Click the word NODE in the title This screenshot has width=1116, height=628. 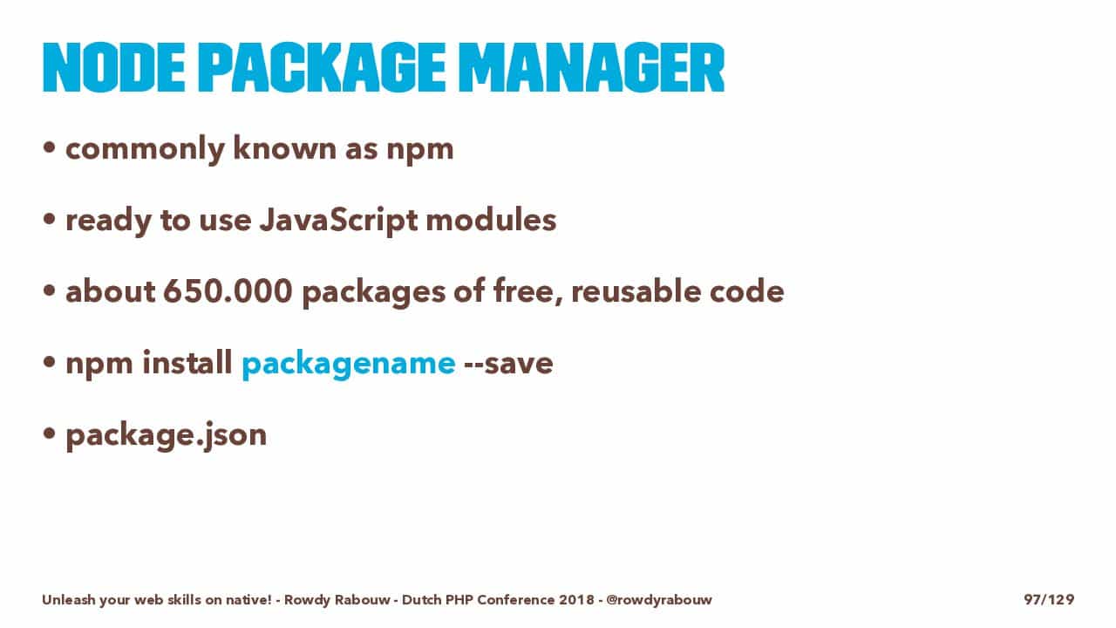pyautogui.click(x=113, y=67)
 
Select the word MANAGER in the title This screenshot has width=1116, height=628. pyautogui.click(x=591, y=67)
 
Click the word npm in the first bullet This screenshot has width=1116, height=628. pyautogui.click(x=420, y=150)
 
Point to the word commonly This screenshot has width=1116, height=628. pyautogui.click(x=145, y=149)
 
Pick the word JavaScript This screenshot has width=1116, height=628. pyautogui.click(x=338, y=221)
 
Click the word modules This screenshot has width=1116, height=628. pyautogui.click(x=491, y=220)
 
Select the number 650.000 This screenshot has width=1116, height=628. pyautogui.click(x=228, y=291)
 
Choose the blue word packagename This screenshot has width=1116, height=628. pyautogui.click(x=348, y=364)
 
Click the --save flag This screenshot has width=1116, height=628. pyautogui.click(x=508, y=364)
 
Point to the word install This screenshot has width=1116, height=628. pyautogui.click(x=187, y=362)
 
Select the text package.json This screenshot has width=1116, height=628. pyautogui.click(x=166, y=436)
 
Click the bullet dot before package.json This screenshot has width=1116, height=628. pyautogui.click(x=49, y=433)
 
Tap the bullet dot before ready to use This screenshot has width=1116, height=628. pyautogui.click(x=49, y=219)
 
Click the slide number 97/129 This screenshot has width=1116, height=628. pyautogui.click(x=1049, y=599)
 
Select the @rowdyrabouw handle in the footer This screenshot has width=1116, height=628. pyautogui.click(x=659, y=599)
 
